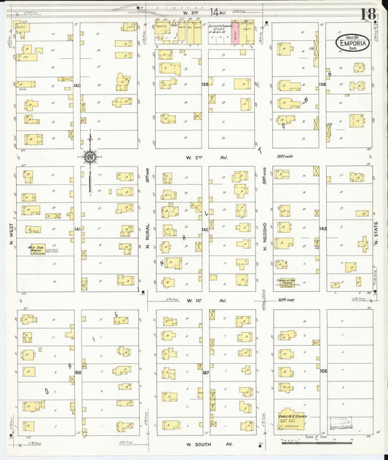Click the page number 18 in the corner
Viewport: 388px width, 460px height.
(368, 13)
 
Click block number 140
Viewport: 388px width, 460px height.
(77, 85)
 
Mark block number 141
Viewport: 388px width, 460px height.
(77, 229)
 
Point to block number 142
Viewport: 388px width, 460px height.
(205, 229)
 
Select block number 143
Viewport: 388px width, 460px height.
(322, 229)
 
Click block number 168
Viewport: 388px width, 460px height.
(77, 372)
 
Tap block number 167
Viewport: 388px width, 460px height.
(205, 372)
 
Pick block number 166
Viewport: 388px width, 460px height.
(322, 372)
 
